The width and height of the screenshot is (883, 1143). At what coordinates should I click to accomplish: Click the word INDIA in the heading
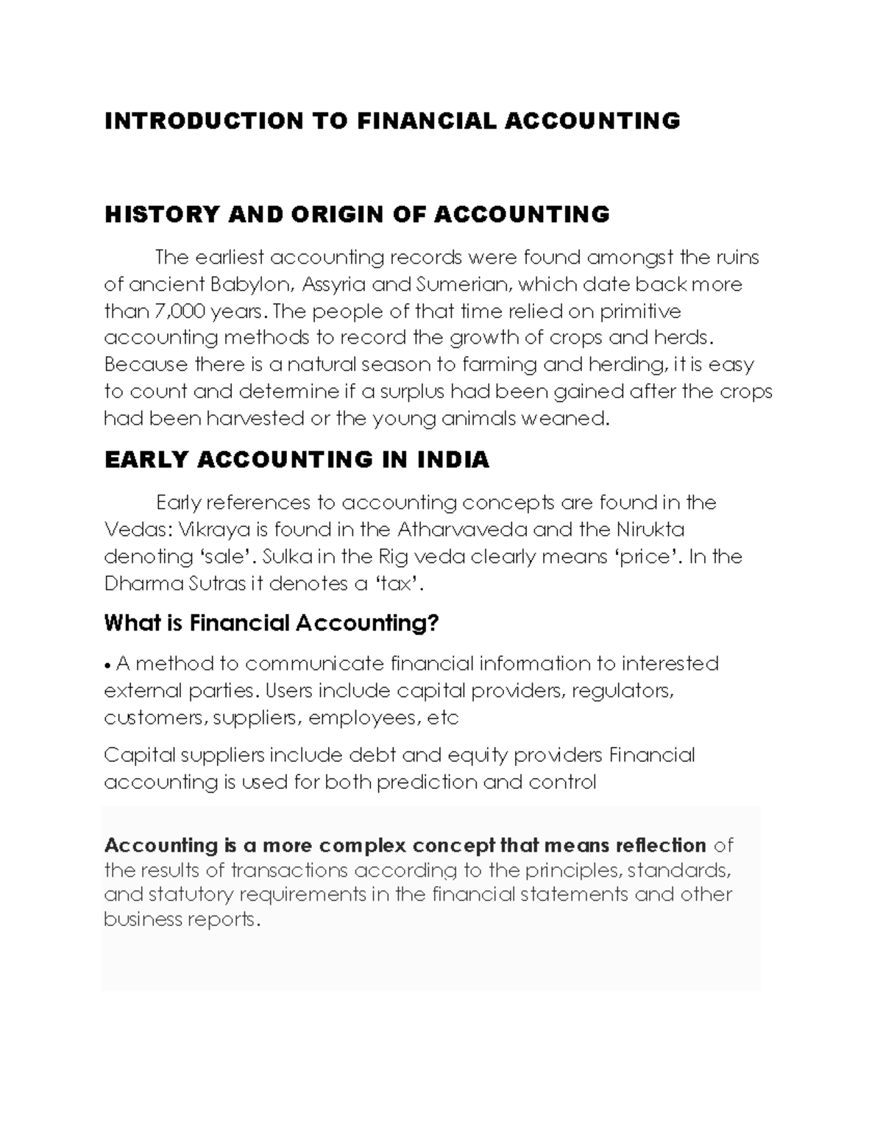tap(453, 460)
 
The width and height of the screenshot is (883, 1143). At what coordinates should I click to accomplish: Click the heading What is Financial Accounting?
tap(272, 624)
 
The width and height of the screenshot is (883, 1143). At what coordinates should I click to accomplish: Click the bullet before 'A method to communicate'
tap(108, 665)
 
